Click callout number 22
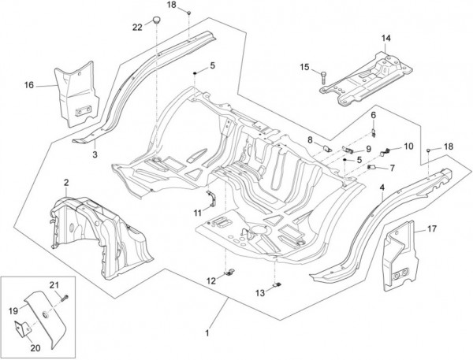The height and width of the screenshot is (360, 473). point(137,27)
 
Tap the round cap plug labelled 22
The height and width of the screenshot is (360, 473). point(158,20)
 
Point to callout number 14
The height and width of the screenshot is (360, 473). point(386,37)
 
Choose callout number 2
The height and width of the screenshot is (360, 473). point(66,182)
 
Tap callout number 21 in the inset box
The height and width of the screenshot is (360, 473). point(56,284)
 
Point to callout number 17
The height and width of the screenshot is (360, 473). point(432,229)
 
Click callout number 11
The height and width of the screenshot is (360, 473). point(196,213)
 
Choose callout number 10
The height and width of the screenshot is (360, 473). point(408,146)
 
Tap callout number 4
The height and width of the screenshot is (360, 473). point(382,187)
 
